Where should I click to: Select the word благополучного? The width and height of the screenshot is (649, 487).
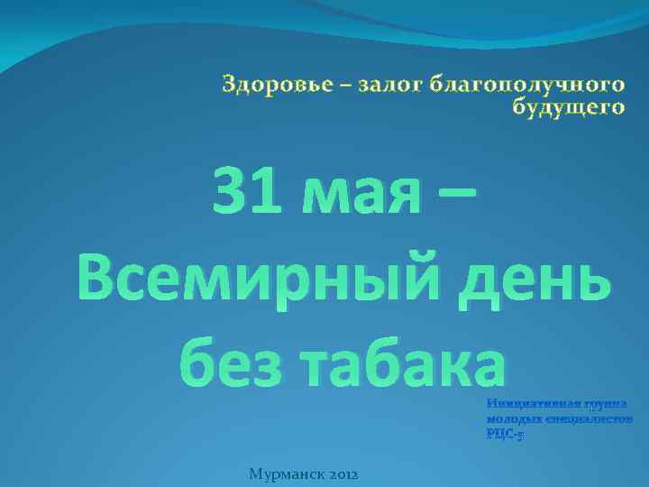tap(526, 86)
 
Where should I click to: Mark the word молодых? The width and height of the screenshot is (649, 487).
tap(512, 420)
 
